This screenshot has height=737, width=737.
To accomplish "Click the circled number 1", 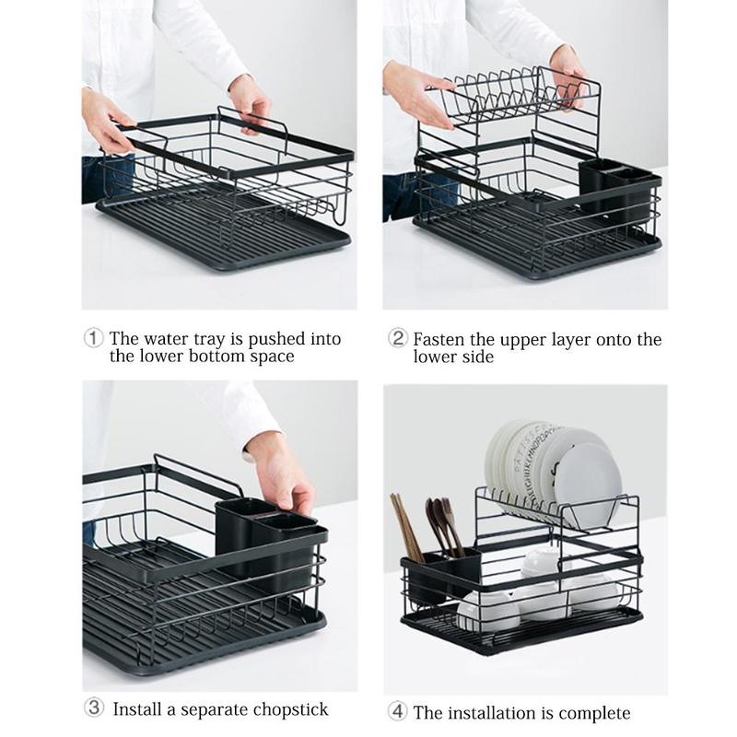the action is click(x=93, y=338).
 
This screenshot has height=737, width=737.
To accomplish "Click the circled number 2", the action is click(x=397, y=338).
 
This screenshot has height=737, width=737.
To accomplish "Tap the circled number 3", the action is click(x=93, y=708).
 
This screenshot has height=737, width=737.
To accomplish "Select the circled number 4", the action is click(x=397, y=711).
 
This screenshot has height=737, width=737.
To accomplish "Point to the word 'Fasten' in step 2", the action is click(x=439, y=339).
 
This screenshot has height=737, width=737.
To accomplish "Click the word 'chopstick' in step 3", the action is click(x=287, y=709).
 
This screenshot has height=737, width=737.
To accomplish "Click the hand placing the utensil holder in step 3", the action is click(x=285, y=474).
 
